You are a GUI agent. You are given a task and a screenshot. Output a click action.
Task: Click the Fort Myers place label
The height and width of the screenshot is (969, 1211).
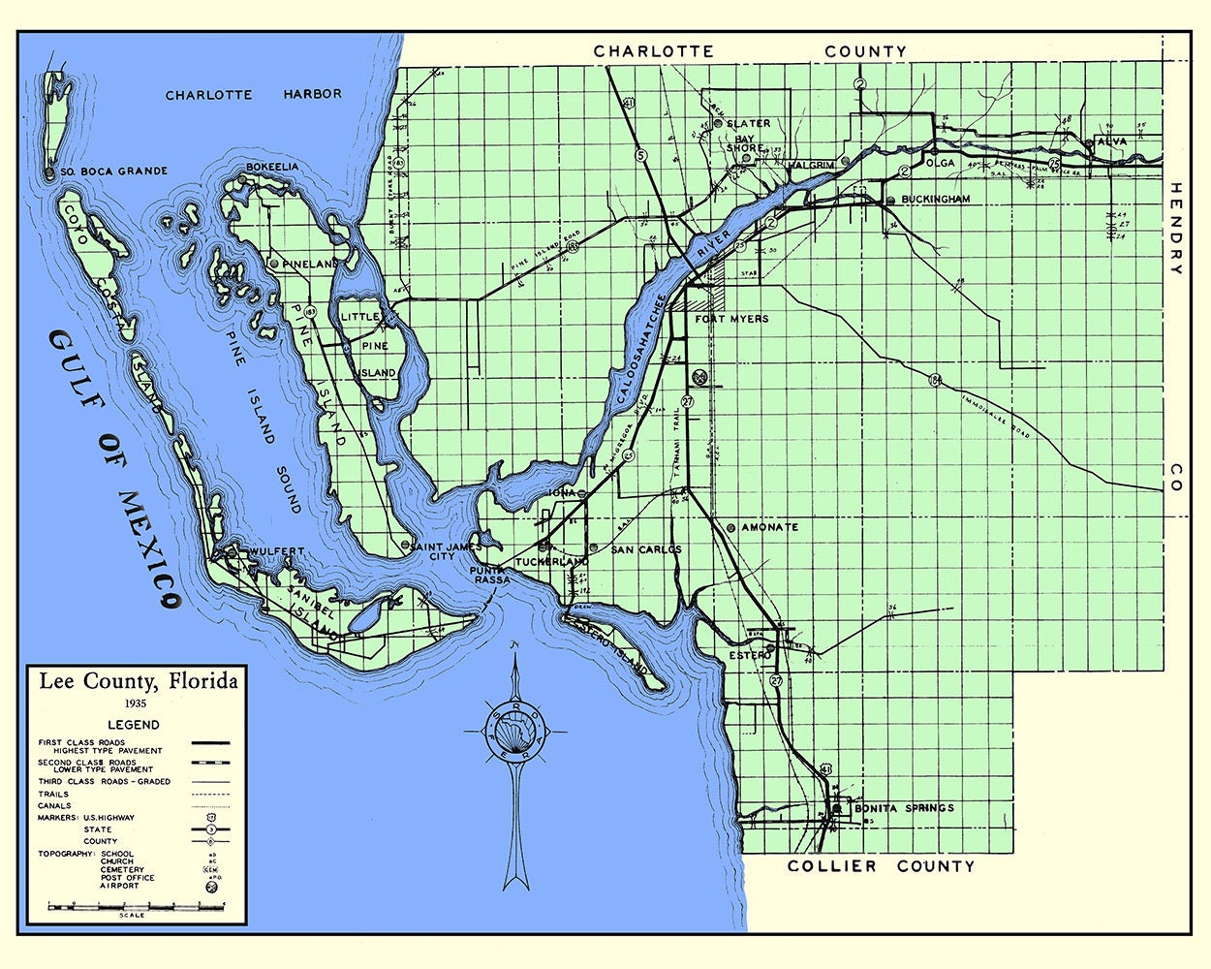731,319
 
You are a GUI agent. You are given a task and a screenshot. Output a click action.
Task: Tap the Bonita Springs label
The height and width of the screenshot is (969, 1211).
903,808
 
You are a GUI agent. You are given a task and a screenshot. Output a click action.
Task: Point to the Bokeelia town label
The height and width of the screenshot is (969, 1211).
272,168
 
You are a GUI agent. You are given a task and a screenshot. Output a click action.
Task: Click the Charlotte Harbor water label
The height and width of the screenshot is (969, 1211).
253,95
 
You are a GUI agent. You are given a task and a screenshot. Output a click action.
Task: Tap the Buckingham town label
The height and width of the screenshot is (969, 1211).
935,199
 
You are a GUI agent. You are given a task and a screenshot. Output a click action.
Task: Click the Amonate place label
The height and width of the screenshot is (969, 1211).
769,527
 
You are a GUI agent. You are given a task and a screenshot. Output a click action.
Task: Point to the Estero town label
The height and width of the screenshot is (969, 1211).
750,655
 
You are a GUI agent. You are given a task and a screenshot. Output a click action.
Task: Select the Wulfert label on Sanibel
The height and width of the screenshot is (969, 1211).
276,551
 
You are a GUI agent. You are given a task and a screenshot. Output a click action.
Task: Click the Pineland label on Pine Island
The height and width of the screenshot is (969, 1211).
310,264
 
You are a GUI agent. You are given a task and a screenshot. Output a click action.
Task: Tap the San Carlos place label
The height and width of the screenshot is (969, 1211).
645,549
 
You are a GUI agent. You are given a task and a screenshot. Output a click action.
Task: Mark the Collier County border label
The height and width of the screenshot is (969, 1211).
880,866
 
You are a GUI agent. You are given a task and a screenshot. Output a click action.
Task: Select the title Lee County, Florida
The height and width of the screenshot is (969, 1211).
138,681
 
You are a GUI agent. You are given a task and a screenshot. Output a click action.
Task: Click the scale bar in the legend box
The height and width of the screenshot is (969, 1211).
136,906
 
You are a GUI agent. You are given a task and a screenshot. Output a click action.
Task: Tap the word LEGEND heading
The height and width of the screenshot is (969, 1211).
134,725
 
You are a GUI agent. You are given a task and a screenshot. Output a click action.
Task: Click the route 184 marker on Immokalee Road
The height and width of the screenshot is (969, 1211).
934,378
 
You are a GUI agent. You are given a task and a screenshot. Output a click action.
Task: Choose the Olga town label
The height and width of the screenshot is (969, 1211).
941,164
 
